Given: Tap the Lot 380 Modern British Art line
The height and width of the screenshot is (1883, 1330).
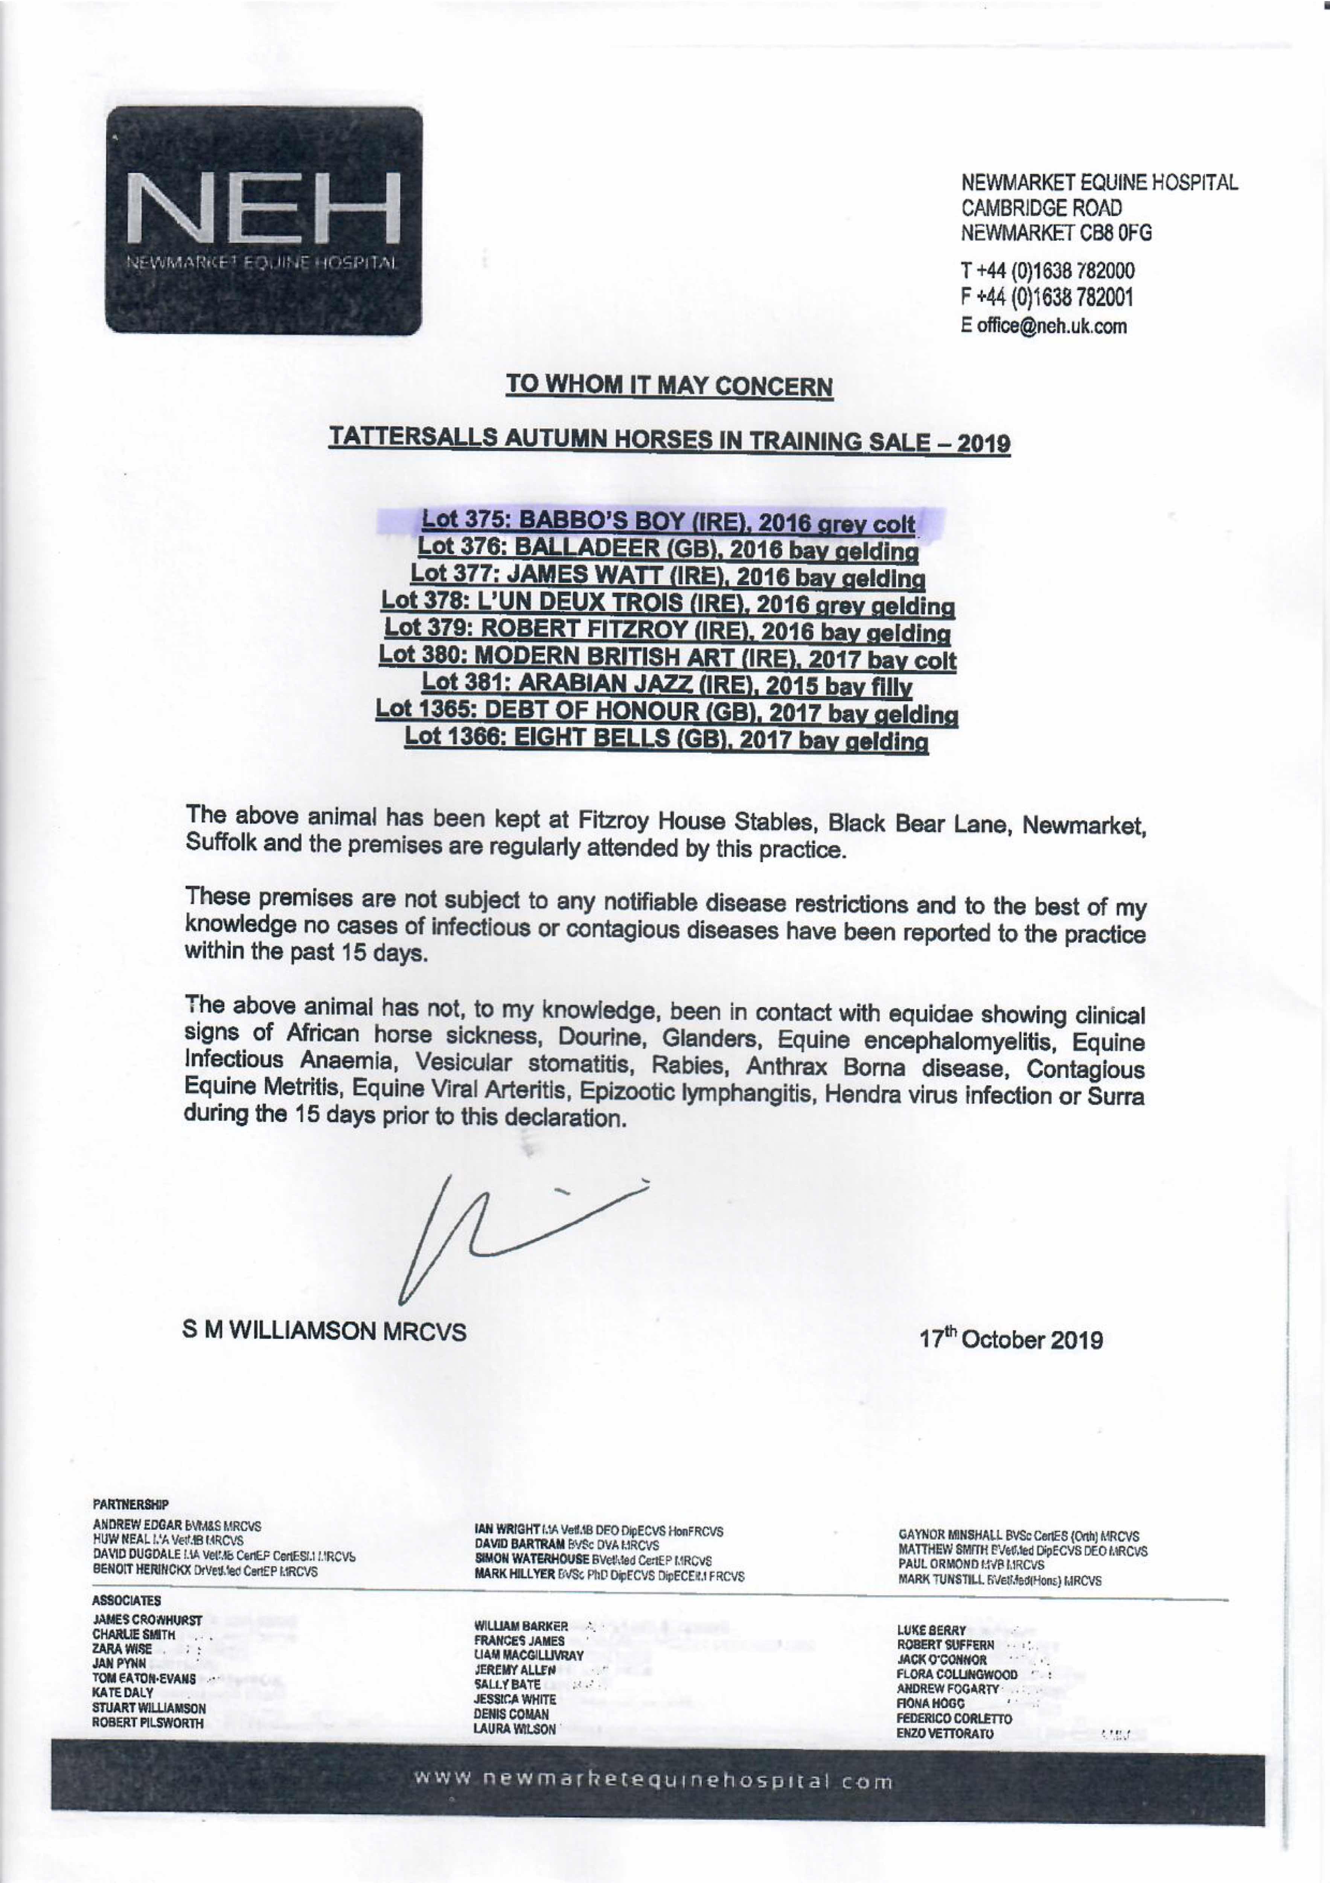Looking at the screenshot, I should (667, 659).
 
